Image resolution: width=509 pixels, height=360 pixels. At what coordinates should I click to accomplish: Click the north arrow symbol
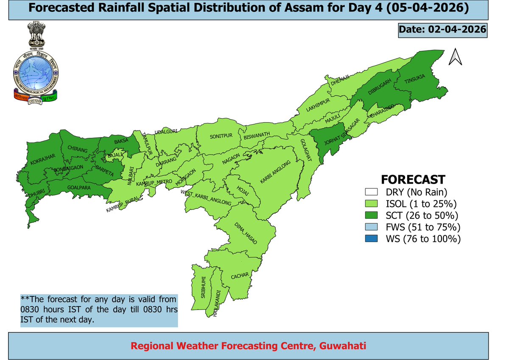click(456, 57)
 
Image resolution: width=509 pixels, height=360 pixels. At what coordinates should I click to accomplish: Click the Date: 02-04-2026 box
click(442, 31)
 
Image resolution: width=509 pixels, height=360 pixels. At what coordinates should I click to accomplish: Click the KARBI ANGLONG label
click(276, 172)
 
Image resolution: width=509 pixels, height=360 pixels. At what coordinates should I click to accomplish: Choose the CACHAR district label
click(240, 276)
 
